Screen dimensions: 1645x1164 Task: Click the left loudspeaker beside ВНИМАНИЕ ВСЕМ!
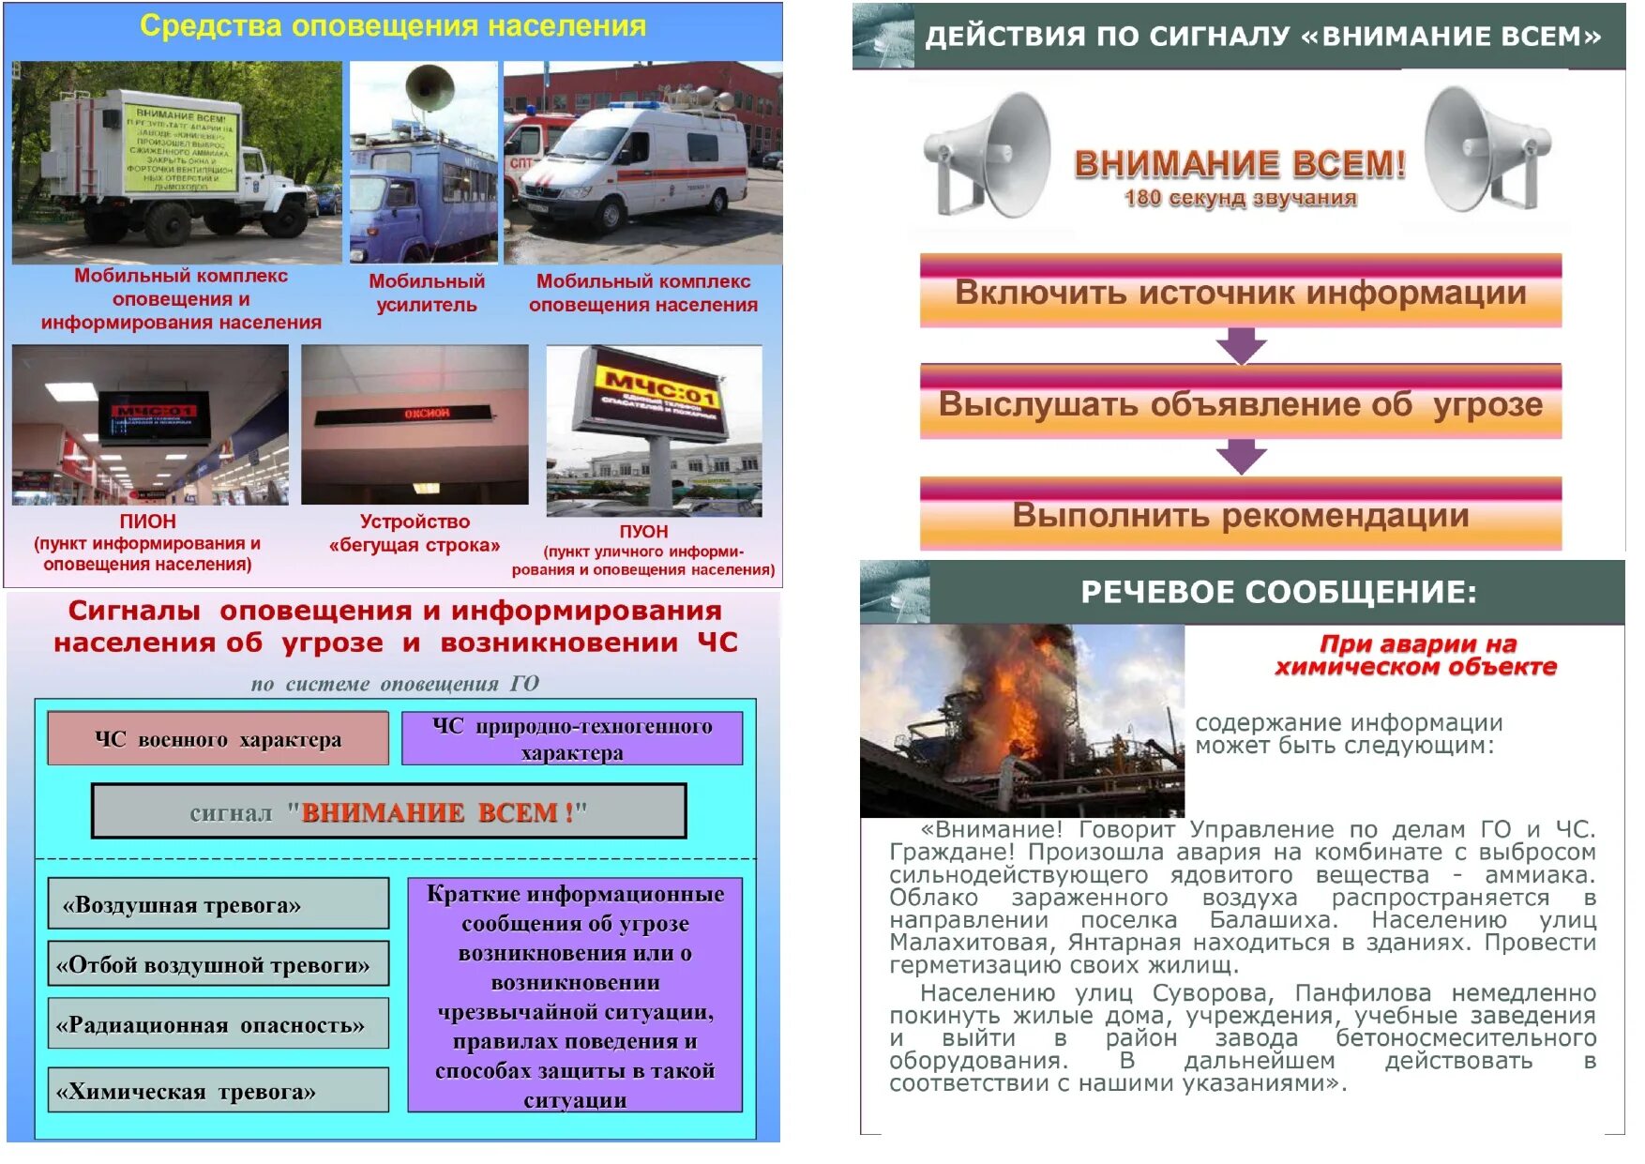[990, 154]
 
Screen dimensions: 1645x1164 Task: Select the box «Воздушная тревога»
[218, 904]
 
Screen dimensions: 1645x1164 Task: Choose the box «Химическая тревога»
[218, 1091]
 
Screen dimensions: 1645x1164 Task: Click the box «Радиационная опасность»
[218, 1024]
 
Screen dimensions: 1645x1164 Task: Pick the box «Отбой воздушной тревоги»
[218, 964]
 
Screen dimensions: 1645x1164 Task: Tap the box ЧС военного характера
[218, 739]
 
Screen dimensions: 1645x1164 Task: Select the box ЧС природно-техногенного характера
[572, 739]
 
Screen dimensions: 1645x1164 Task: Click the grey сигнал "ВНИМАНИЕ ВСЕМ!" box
[388, 811]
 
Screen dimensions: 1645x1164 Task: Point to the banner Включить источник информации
[1240, 292]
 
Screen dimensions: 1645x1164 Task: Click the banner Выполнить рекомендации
[1240, 515]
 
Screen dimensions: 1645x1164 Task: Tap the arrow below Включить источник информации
[1241, 345]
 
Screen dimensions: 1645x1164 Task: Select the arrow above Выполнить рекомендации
[1241, 457]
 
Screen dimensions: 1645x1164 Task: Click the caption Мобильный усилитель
[427, 293]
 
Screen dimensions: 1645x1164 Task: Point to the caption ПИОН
[147, 522]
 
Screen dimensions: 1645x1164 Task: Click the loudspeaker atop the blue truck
[430, 87]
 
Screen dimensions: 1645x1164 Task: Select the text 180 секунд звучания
[1240, 198]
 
